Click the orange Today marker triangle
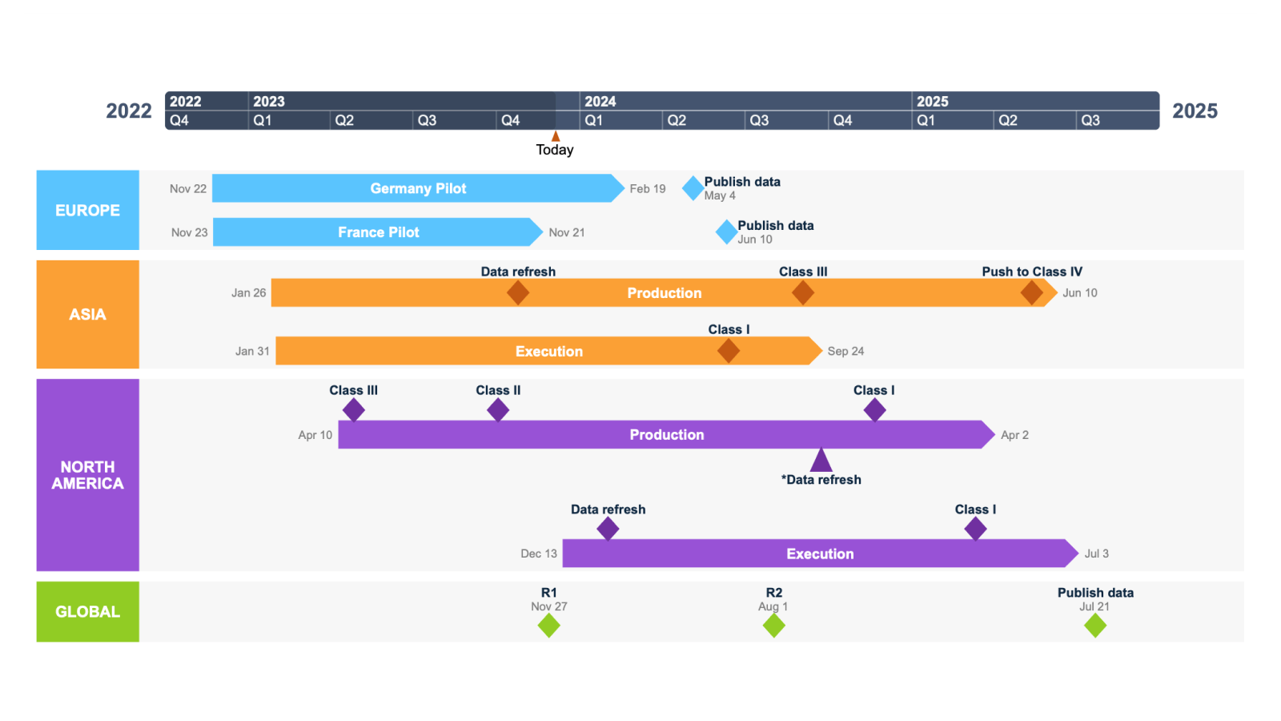556,136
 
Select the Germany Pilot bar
417,188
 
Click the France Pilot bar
378,232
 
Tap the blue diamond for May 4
693,188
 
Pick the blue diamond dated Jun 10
726,232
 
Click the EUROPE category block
87,210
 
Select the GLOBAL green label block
87,611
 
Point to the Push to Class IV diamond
1031,293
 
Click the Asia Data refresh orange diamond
518,293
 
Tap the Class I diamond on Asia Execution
729,351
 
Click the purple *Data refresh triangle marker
821,461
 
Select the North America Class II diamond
498,410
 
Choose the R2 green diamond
773,626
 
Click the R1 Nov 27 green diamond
548,626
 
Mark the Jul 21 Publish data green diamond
1095,626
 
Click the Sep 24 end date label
845,351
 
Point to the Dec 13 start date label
538,554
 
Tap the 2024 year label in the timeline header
600,102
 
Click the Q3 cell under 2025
1090,120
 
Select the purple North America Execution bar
820,554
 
